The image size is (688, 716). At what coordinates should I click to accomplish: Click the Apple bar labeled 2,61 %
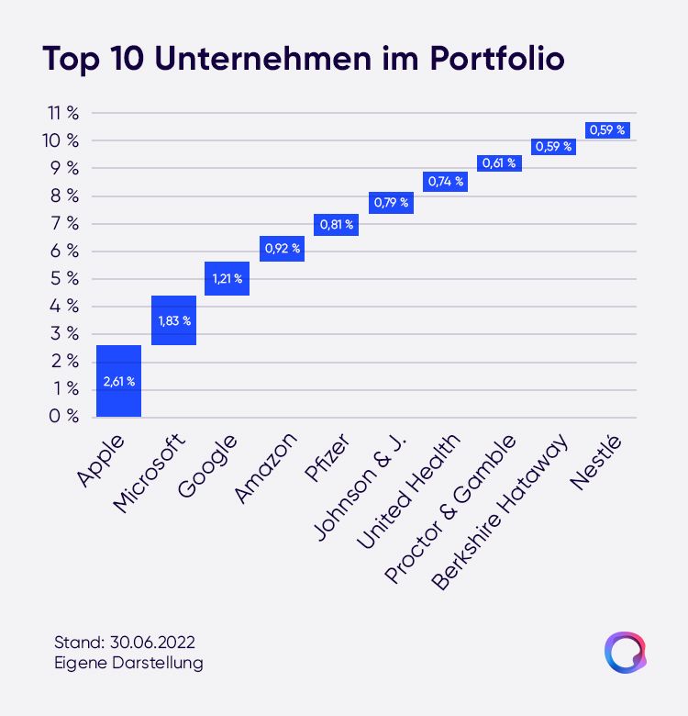click(x=118, y=381)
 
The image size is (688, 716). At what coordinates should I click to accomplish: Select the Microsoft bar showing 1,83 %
click(x=173, y=320)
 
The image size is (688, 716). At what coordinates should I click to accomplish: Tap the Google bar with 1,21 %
click(x=227, y=278)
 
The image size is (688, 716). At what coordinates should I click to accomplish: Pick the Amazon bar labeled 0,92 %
click(x=282, y=249)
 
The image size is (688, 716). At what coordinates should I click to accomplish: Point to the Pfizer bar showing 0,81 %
click(x=337, y=225)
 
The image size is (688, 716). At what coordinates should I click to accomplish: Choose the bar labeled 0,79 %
click(x=391, y=203)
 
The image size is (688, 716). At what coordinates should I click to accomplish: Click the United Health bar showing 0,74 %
click(x=445, y=182)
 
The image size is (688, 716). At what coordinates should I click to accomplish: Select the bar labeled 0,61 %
click(x=499, y=163)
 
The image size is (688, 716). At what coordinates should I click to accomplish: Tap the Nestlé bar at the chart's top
click(x=607, y=130)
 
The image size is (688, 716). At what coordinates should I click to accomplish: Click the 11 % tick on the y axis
click(x=63, y=113)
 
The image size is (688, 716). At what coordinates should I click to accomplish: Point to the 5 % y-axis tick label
click(x=64, y=278)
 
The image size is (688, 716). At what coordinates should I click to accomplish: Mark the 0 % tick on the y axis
click(x=64, y=416)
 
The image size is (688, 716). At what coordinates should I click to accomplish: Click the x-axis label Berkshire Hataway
click(x=500, y=511)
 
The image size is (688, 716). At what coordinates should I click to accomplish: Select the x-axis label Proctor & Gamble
click(x=450, y=509)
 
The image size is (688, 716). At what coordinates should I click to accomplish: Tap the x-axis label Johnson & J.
click(x=361, y=487)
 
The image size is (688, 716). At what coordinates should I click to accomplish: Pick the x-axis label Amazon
click(x=265, y=468)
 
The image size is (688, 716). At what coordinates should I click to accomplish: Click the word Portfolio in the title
click(x=497, y=59)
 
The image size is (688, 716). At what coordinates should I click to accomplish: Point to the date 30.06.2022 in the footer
click(x=152, y=643)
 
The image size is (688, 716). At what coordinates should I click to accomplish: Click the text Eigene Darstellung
click(x=128, y=663)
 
